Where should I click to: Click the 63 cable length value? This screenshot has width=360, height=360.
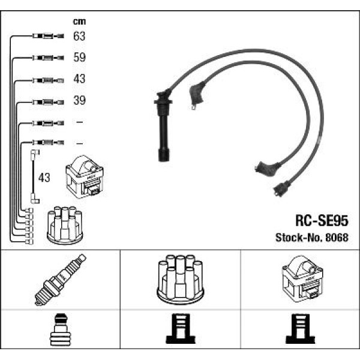coord(79,36)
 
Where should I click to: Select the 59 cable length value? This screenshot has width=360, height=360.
coord(79,57)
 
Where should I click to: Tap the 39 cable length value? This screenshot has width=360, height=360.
coord(79,100)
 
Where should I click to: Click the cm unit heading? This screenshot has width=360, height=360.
coord(79,22)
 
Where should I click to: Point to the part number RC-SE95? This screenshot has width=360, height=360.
coord(322,221)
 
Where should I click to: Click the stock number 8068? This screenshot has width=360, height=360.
coord(337,238)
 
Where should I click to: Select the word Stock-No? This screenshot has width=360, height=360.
coord(299,238)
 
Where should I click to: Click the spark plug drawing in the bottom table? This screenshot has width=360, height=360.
coord(61,280)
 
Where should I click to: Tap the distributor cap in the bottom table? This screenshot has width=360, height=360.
coord(180,280)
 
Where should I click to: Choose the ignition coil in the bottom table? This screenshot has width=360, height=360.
coord(302,279)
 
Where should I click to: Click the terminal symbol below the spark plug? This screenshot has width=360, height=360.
coord(61,329)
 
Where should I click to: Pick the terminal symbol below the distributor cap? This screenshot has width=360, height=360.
coord(181,329)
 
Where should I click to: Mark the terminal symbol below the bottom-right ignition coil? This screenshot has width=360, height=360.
coord(301,329)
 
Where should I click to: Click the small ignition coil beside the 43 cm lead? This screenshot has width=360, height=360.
coord(85,177)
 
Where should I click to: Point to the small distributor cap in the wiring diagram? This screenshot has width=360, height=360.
coord(65,225)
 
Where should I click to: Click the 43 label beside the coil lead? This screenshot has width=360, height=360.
coord(44,178)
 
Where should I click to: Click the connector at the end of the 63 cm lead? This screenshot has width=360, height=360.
coord(48,36)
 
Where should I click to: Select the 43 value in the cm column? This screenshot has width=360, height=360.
coord(79,79)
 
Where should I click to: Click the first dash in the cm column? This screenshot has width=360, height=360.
coord(79,122)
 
